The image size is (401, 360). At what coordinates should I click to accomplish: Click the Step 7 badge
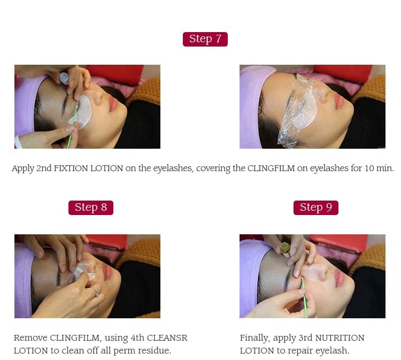point(205,39)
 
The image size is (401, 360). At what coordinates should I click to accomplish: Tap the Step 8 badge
point(90,208)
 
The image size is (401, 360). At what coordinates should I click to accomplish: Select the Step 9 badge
point(315,208)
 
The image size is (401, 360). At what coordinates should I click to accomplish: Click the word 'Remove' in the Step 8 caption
point(30,338)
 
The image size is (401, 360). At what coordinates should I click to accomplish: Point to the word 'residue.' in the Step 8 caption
point(155,351)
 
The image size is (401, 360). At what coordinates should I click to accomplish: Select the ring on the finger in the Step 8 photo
point(95,292)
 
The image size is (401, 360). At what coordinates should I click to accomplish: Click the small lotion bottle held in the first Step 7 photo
point(64,78)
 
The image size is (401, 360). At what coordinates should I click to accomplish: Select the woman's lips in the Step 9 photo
point(338,277)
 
